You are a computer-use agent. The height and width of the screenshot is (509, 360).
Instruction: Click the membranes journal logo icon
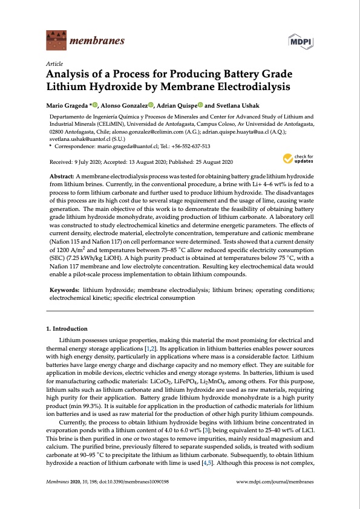click(56, 41)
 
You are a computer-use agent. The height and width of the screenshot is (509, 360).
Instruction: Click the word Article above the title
click(54, 63)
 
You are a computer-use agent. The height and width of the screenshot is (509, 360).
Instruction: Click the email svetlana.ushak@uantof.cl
click(80, 138)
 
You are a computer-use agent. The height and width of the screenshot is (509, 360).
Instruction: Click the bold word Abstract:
click(62, 175)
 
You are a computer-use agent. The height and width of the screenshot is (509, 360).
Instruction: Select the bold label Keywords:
click(64, 291)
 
